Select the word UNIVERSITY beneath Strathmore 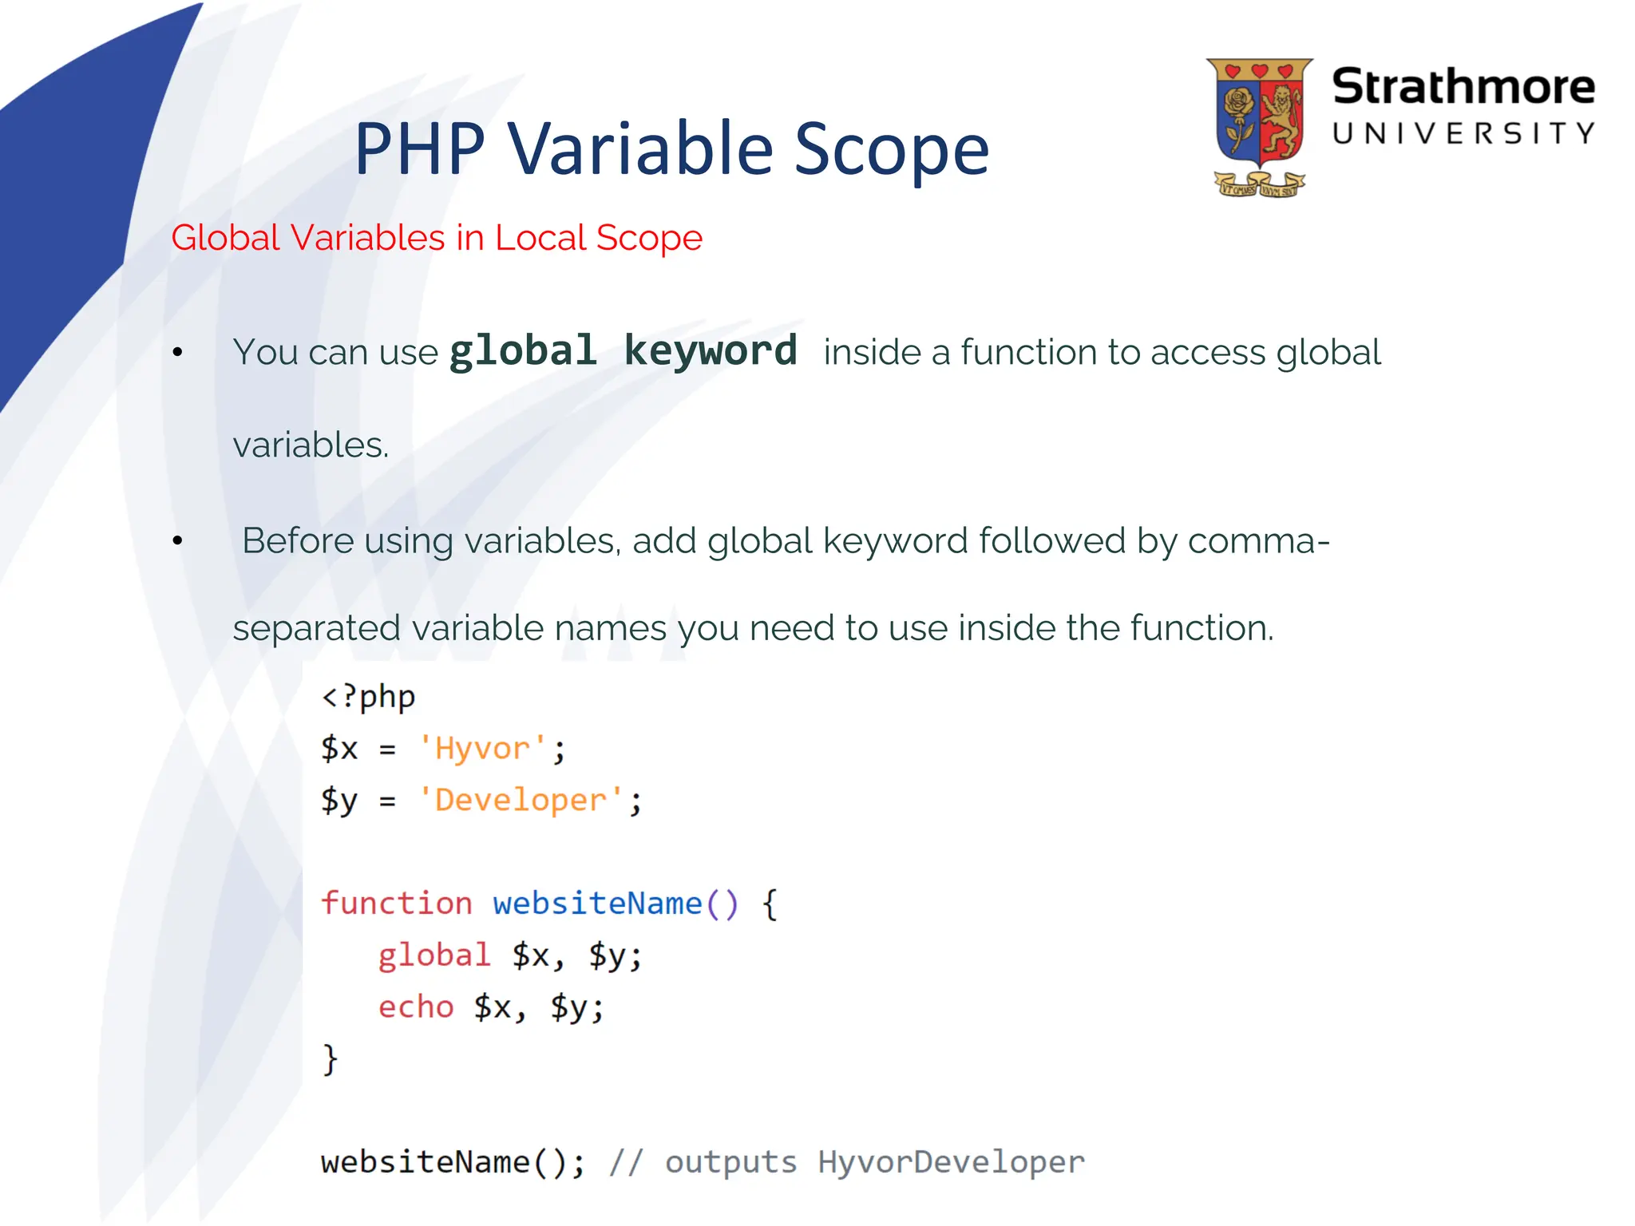coord(1463,133)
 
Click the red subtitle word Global coord(225,238)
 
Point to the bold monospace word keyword coord(710,351)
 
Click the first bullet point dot coord(177,352)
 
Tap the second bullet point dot coord(177,541)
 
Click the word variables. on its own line coord(311,445)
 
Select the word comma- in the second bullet coord(1258,541)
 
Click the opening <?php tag coord(368,697)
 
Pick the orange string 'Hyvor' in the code coord(482,749)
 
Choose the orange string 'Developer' coord(521,800)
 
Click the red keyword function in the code coord(396,904)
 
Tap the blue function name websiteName coord(597,904)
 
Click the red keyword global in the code coord(433,955)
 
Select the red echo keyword coord(415,1007)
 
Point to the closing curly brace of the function coord(330,1059)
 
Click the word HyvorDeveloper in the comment coord(951,1162)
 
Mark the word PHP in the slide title coord(419,150)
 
